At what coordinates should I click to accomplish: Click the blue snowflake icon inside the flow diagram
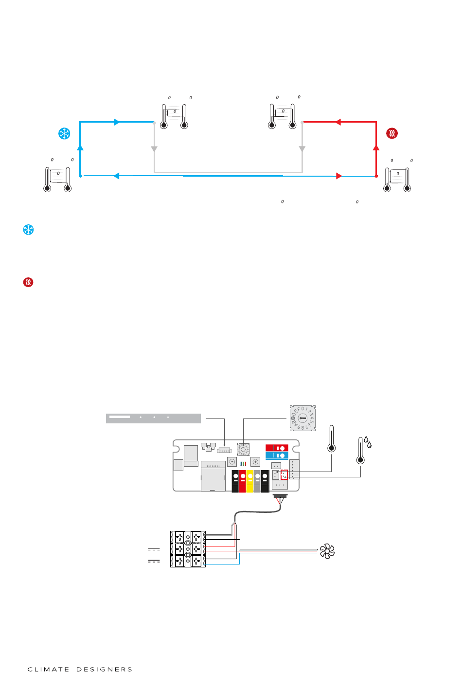tap(64, 133)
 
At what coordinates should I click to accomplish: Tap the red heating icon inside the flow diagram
tap(392, 133)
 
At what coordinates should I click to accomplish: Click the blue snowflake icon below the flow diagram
tap(29, 230)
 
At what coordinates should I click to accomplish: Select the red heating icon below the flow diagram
tap(29, 282)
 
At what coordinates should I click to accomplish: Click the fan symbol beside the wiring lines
tap(327, 551)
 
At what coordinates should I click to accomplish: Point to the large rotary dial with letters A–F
tap(302, 418)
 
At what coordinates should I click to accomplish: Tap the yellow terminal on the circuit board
tap(250, 481)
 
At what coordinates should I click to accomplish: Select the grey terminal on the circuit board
tap(257, 481)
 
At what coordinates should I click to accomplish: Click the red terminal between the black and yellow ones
tap(243, 481)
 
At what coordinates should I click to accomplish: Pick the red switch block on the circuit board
tap(277, 448)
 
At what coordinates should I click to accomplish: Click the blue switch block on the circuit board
tap(277, 455)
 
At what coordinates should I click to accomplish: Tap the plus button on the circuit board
tap(255, 461)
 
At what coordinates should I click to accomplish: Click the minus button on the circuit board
tap(232, 461)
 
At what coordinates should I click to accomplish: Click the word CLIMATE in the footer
tap(49, 669)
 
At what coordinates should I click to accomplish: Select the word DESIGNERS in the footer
tap(104, 669)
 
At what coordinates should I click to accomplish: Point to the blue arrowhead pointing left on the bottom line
tap(116, 176)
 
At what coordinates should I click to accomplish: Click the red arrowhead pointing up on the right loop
tap(376, 146)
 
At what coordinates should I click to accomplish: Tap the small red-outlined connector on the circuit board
tap(284, 474)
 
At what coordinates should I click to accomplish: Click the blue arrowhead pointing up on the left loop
tap(80, 147)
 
